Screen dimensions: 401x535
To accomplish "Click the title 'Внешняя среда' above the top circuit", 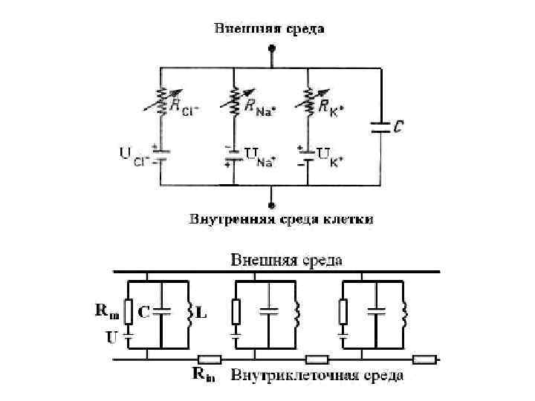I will point(270,29).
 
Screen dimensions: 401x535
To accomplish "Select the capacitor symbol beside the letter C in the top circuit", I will point(379,128).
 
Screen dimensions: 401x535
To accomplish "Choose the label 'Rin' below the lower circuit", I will point(205,376).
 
